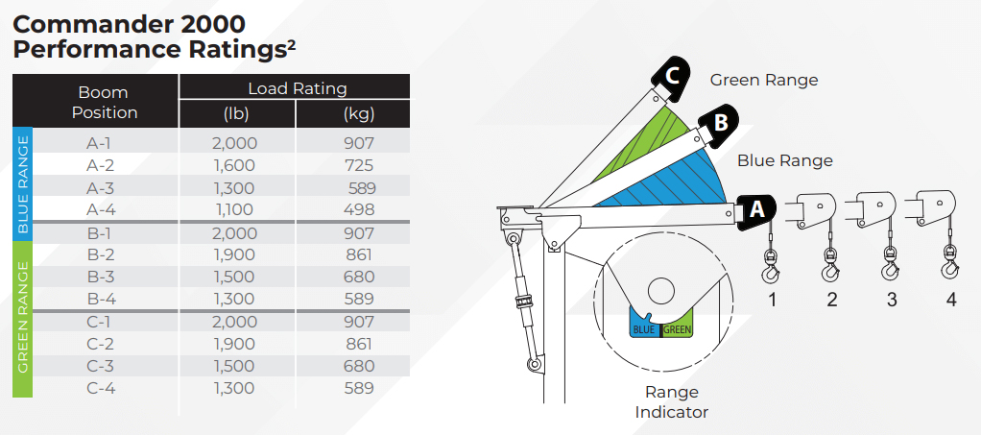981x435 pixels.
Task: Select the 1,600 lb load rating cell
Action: coord(234,166)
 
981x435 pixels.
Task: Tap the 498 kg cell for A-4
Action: coord(359,209)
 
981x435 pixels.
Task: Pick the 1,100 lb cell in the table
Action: coord(233,209)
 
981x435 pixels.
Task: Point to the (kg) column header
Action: coord(359,114)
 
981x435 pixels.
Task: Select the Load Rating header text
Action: coord(298,88)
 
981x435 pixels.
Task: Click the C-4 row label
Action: coord(101,388)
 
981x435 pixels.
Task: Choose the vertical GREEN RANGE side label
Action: coord(22,317)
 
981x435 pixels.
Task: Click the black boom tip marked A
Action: coord(755,211)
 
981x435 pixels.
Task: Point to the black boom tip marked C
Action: coord(670,79)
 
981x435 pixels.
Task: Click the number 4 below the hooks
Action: coord(951,300)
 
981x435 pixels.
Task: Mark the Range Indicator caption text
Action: coord(672,401)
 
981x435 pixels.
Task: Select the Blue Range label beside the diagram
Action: coord(784,161)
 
